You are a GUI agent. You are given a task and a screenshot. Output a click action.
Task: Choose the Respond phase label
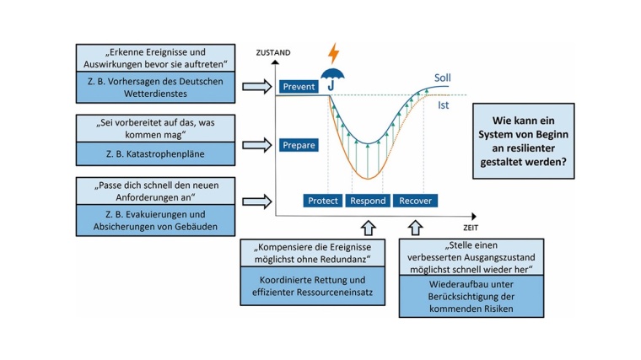tap(368, 201)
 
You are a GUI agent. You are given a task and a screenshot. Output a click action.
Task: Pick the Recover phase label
tap(415, 201)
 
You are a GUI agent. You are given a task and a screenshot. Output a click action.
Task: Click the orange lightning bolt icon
tap(334, 53)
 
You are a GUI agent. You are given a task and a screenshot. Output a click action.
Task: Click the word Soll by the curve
tap(442, 78)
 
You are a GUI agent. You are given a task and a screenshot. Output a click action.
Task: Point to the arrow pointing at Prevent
tap(254, 86)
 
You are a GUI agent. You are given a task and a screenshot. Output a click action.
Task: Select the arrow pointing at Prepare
tap(254, 145)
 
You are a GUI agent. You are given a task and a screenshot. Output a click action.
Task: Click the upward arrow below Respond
tap(368, 227)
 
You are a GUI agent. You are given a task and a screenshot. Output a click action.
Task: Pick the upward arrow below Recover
tap(415, 227)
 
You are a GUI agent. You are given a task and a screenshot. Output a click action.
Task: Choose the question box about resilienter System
tap(524, 141)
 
